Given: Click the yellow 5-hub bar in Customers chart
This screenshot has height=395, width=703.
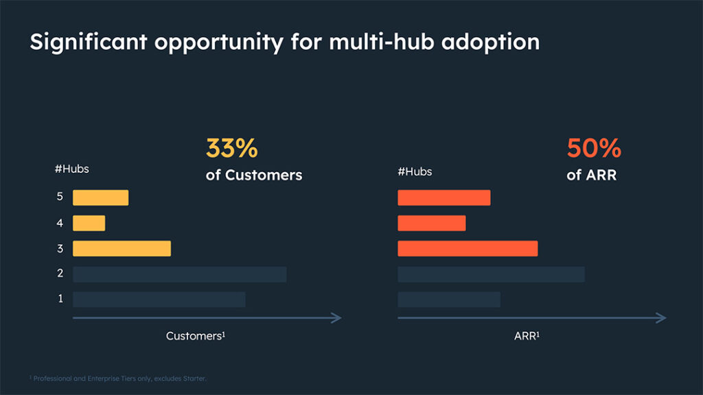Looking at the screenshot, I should [100, 197].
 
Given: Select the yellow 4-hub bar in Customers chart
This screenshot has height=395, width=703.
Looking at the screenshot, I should [89, 223].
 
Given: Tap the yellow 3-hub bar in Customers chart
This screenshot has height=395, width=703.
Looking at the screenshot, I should [122, 248].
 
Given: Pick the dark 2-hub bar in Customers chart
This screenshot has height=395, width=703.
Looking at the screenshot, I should [179, 274].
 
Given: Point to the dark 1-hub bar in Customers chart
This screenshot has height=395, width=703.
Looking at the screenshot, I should [159, 299].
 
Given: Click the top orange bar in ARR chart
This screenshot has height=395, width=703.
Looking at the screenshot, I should [443, 197].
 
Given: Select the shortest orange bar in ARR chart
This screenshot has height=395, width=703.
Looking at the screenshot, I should [431, 223].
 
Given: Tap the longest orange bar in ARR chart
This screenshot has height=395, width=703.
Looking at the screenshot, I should [468, 248].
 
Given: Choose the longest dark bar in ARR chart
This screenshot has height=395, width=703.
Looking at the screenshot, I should [491, 274].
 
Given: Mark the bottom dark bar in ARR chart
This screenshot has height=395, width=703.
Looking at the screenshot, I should [448, 299].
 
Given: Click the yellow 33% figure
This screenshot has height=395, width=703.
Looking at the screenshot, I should [231, 149].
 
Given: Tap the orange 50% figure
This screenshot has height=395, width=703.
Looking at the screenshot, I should [593, 149].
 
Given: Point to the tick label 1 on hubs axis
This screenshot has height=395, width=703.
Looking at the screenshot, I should [60, 299].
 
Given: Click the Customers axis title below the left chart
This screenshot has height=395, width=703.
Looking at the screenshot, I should [196, 337].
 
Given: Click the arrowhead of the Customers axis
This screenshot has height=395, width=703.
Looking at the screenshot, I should [337, 318].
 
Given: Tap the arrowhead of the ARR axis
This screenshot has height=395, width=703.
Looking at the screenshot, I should [662, 318].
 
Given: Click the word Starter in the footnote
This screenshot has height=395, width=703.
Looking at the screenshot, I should [194, 379].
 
